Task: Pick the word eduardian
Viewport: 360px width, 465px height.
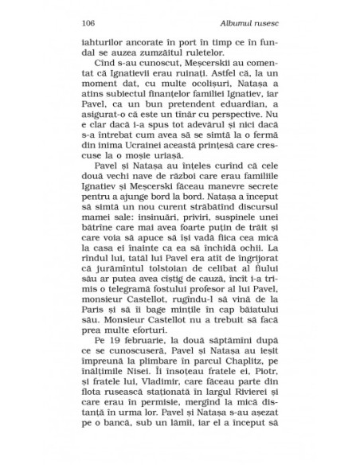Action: point(241,125)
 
